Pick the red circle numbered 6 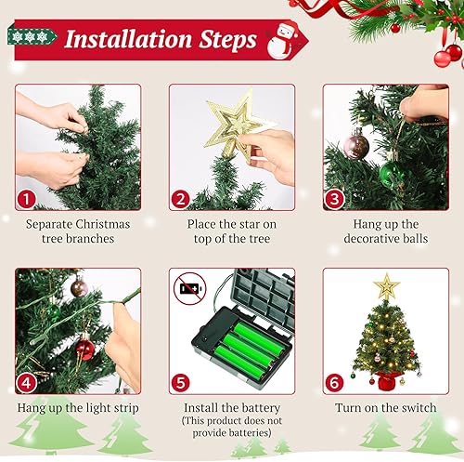point(335,381)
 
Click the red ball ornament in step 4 point(84,350)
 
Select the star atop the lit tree point(386,287)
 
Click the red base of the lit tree point(386,380)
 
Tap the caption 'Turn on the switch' point(385,408)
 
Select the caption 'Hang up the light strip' point(78,408)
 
